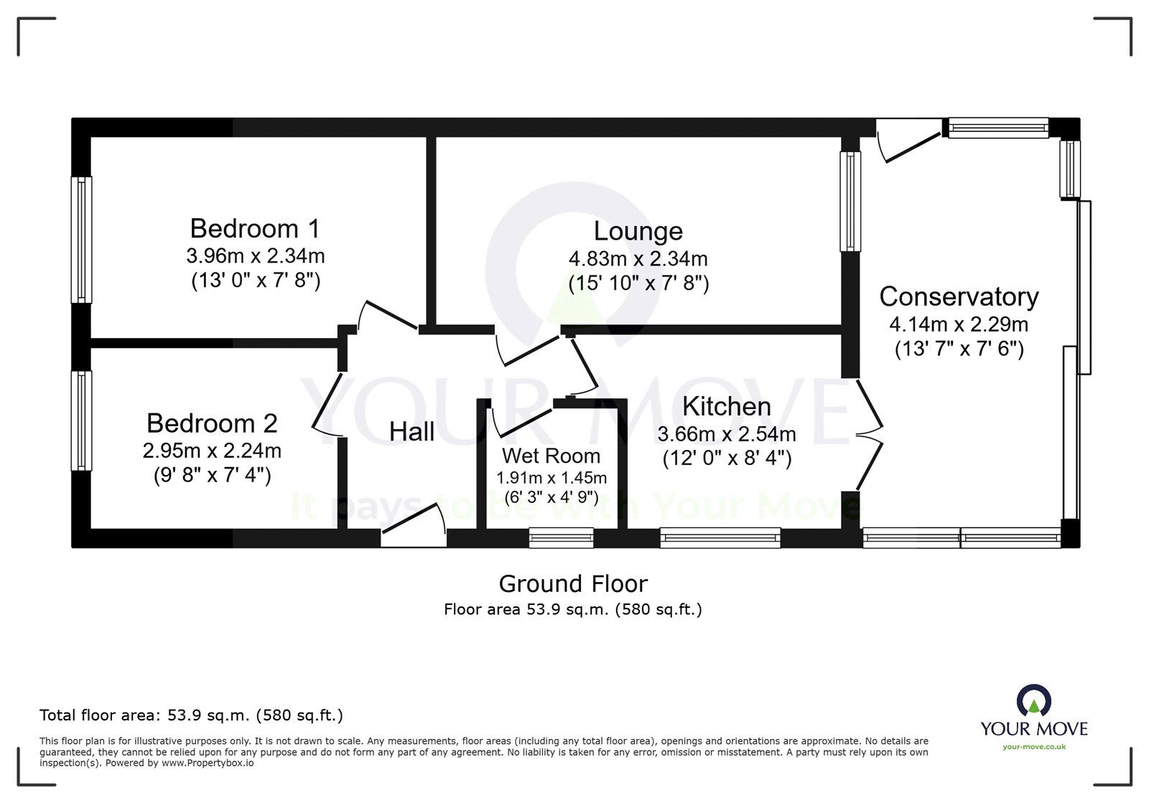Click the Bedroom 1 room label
pos(255,228)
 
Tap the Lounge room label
pos(638,231)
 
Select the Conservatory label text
pos(959,296)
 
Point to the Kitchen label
pos(726,406)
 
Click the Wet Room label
pos(551,456)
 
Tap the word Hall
pos(411,431)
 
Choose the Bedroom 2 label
pos(212,423)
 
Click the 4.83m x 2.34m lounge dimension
pos(638,258)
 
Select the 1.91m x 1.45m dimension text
pos(551,478)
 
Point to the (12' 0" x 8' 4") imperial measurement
pos(726,458)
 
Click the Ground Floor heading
pos(573,583)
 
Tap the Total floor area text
pos(191,715)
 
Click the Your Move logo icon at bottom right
pos(1033,700)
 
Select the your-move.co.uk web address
pos(1034,747)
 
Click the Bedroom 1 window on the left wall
pos(82,240)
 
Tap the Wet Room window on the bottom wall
pos(561,537)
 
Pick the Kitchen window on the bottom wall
pos(720,537)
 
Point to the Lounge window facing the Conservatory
pos(850,201)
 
